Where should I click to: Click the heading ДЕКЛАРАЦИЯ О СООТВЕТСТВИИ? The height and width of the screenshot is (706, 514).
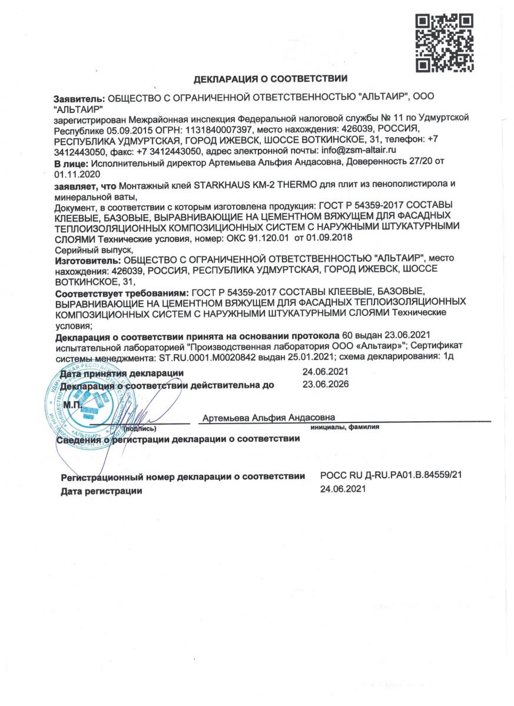tap(271, 78)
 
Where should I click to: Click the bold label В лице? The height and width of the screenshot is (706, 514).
tap(71, 162)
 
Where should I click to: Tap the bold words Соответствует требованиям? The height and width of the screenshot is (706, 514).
tap(121, 292)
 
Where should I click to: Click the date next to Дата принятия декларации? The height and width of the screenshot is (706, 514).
tap(326, 373)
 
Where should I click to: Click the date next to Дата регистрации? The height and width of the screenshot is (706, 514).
tap(343, 489)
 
